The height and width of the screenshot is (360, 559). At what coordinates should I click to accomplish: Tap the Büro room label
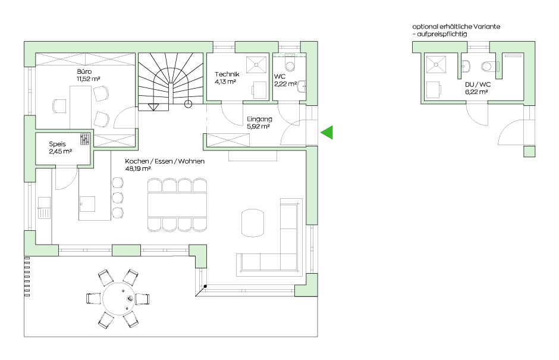[84, 71]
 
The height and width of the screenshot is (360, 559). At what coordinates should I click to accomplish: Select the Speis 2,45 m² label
[60, 148]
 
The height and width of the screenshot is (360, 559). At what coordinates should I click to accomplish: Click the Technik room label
[227, 74]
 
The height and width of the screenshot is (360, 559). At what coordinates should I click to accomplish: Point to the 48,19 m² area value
[137, 168]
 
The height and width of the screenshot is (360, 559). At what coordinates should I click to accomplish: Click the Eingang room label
[259, 119]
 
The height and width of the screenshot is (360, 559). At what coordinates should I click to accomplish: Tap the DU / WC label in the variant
[478, 84]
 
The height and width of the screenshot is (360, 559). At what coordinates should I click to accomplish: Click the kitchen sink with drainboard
[45, 208]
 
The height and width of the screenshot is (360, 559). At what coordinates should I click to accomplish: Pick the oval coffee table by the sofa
[253, 223]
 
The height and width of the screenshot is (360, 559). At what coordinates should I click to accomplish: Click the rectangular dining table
[177, 205]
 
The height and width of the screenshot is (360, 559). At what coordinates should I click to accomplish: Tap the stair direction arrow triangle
[153, 107]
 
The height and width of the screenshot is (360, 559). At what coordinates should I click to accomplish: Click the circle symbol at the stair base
[188, 104]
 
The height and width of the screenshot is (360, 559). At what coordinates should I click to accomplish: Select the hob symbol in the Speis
[85, 139]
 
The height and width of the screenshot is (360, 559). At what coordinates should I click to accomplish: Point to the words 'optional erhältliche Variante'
[456, 26]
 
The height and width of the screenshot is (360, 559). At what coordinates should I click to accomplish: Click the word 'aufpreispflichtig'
[442, 35]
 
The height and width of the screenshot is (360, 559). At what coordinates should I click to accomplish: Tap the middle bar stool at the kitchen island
[118, 198]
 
